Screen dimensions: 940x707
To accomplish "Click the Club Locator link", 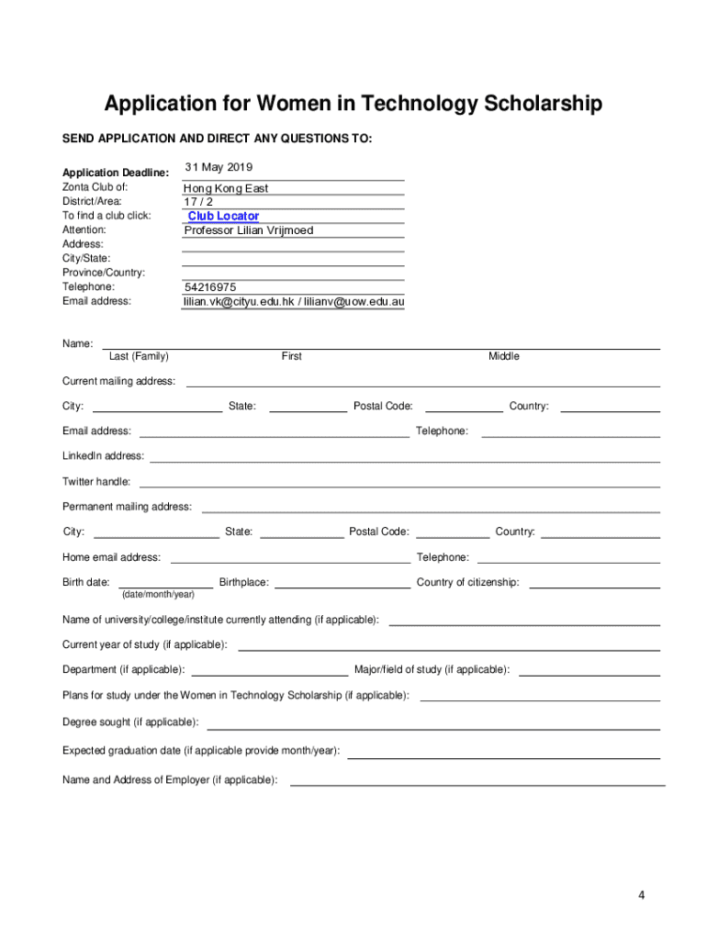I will point(223,217).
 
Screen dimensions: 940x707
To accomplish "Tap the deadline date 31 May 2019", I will point(219,167).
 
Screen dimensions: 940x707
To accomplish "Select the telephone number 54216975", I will point(210,287).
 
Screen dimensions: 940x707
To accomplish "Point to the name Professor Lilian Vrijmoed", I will point(249,230).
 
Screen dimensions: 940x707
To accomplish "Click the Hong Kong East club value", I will point(226,188).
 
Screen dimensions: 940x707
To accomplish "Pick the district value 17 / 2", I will point(199,202).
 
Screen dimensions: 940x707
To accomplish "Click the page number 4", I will point(644,895).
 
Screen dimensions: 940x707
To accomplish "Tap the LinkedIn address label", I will point(103,456).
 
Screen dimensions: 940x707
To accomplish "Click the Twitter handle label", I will point(96,482).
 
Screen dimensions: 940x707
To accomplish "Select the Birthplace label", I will point(244,582).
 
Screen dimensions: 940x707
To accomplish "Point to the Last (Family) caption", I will point(139,356).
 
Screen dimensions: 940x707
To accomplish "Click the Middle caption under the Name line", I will point(503,356).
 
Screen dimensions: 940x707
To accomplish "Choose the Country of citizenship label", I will point(467,582).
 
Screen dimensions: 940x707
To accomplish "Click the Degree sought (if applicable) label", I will point(130,722).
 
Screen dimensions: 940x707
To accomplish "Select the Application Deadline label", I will point(116,173).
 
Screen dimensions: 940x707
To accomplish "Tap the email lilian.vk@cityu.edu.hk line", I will point(294,301).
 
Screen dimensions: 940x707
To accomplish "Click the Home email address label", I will point(111,557).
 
